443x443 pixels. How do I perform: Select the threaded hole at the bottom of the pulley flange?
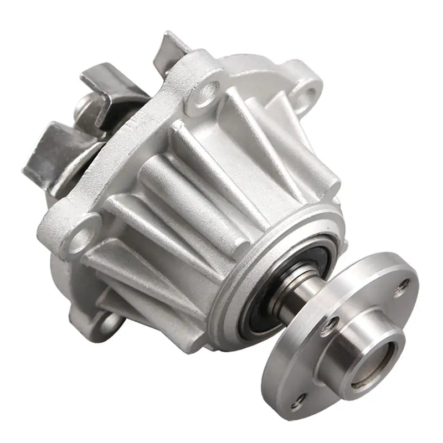[299, 400]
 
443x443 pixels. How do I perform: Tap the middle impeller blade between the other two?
[108, 83]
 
